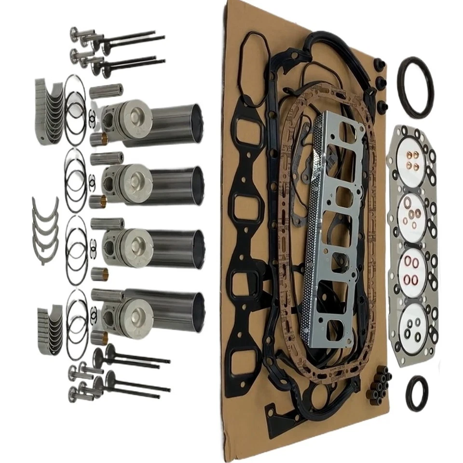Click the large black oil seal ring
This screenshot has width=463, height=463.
(x=415, y=88)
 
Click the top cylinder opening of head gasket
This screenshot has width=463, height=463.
(x=412, y=156)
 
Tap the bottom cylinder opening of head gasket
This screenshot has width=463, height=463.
(x=413, y=323)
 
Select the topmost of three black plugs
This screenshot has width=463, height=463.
(x=380, y=65)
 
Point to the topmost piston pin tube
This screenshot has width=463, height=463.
(x=106, y=90)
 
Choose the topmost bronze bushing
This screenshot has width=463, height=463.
(x=98, y=139)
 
